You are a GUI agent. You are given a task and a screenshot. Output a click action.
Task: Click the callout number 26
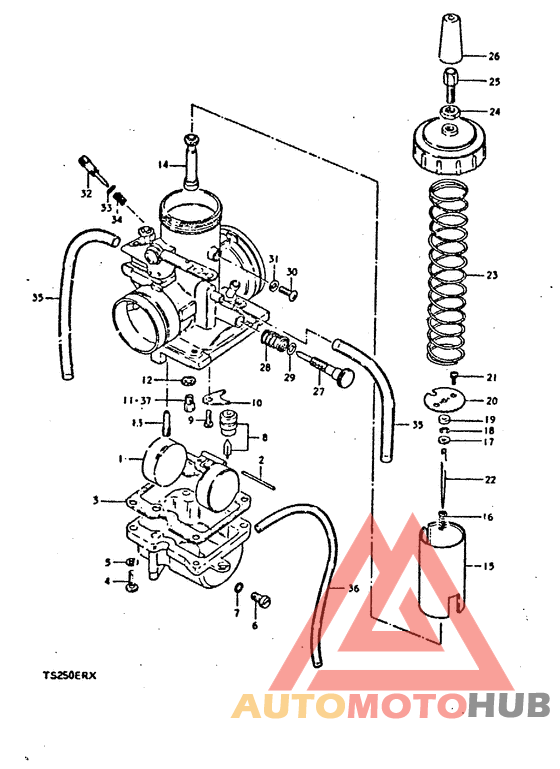tap(493, 56)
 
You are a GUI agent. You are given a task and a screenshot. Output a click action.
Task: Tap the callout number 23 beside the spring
tap(491, 275)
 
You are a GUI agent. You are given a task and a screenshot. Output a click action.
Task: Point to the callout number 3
tap(96, 500)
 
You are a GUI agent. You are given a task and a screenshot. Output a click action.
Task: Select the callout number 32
tap(86, 193)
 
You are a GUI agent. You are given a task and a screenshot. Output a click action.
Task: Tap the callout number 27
tap(319, 392)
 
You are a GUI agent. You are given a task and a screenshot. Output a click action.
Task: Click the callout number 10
tap(256, 403)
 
